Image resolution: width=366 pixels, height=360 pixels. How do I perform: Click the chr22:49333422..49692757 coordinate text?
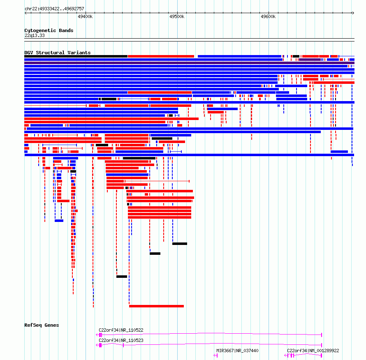pos(54,9)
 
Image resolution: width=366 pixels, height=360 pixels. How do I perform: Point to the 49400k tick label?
pos(85,16)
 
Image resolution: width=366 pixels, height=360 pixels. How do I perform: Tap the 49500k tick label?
pos(177,16)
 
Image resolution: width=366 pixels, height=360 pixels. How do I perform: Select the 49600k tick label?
pos(268,16)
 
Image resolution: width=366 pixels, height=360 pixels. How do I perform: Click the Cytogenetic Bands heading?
pos(49,30)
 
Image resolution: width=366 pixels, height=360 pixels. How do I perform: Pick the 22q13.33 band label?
pos(35,35)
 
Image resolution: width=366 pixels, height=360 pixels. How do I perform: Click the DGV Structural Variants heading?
pos(58,53)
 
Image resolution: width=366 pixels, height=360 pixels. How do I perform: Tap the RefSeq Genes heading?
pos(42,325)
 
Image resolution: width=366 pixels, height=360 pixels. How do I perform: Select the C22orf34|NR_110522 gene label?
pos(121,330)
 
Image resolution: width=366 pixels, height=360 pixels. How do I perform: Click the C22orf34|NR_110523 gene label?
pos(121,340)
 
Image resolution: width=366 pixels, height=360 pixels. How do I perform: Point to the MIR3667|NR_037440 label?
pos(237,351)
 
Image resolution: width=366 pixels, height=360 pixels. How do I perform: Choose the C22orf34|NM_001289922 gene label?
pos(313,351)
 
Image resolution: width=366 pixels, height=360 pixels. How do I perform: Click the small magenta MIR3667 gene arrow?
pos(215,355)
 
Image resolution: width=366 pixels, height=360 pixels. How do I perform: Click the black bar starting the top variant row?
pos(76,56)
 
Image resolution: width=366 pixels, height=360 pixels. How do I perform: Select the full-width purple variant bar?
pos(189,63)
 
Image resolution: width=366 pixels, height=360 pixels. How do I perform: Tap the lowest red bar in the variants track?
pos(156,306)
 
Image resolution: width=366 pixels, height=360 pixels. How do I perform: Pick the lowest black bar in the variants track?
pos(122,277)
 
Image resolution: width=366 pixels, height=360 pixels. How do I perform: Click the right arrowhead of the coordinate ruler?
pos(353,13)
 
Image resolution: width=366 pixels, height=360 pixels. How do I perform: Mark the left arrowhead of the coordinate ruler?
pos(25,13)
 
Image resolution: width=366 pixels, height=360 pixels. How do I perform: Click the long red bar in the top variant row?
pos(161,56)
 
